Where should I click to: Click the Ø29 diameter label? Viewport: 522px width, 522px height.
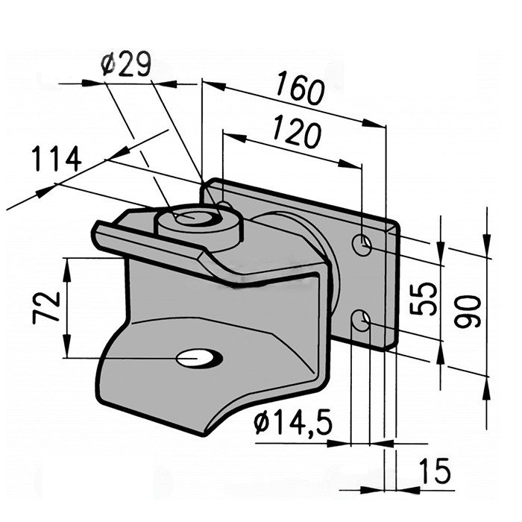click(125, 64)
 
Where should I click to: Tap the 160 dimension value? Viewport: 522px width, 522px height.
click(299, 87)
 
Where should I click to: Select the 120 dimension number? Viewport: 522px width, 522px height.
click(296, 130)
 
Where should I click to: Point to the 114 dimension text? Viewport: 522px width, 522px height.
click(57, 158)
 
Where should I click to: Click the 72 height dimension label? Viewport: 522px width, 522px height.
click(46, 307)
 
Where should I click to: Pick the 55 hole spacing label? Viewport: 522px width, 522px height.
click(423, 298)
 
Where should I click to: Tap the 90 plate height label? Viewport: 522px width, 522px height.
click(468, 312)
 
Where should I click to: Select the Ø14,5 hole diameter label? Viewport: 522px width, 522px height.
click(293, 423)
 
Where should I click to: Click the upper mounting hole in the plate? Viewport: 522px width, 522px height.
click(362, 245)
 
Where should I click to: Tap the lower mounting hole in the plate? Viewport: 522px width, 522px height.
click(361, 320)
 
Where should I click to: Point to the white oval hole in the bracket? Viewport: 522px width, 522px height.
click(199, 358)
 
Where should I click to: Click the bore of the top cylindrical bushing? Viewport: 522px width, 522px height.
click(193, 217)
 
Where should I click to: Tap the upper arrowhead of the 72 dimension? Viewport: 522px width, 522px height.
click(67, 267)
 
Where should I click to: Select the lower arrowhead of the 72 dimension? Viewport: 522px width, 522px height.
click(67, 348)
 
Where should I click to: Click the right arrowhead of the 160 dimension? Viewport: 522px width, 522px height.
click(374, 123)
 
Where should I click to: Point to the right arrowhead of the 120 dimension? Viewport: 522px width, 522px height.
click(350, 164)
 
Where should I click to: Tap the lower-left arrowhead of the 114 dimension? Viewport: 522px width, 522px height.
click(45, 192)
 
